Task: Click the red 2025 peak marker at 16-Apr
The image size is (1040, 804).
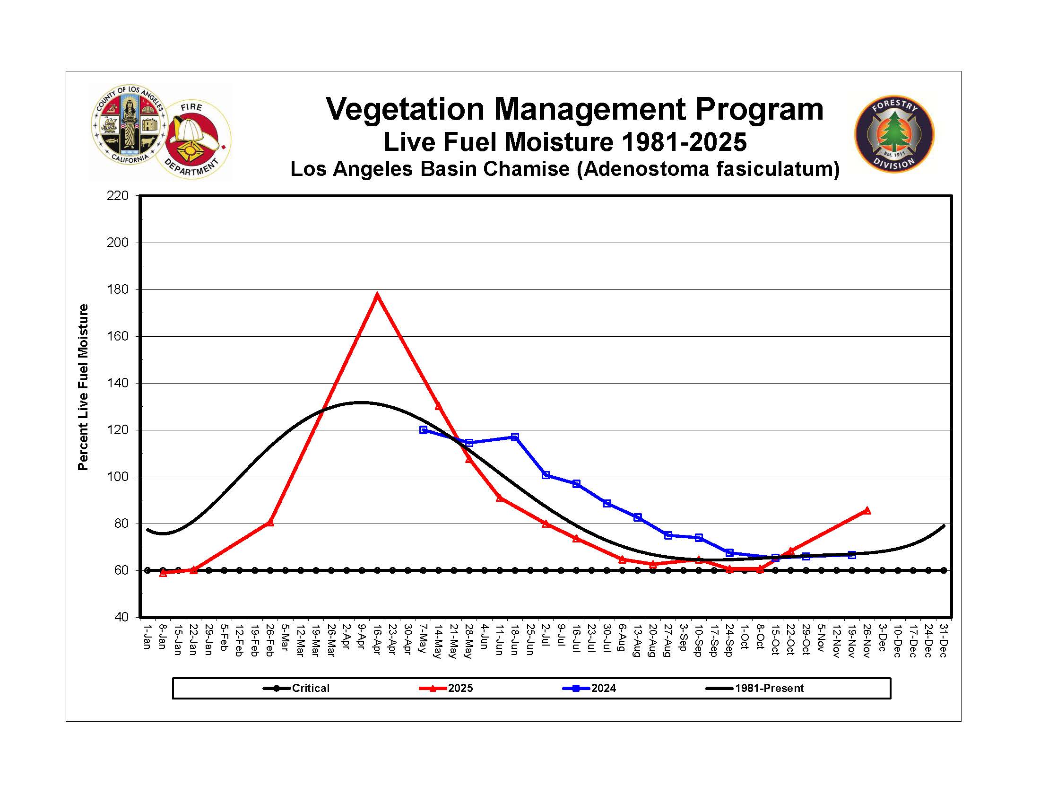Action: (377, 295)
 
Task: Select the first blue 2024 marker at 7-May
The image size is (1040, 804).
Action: (424, 429)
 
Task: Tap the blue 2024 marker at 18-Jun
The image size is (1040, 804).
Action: (515, 437)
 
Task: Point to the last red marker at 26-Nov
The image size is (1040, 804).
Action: (867, 511)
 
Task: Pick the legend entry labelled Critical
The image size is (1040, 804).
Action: (310, 688)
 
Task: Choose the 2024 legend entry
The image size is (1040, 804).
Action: (603, 688)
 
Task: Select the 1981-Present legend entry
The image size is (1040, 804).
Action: (769, 688)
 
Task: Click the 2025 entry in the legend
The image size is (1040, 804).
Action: (460, 688)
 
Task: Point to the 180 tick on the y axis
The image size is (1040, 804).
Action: (118, 289)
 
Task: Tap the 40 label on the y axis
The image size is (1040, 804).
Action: (121, 617)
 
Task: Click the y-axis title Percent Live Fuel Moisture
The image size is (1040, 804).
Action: (83, 387)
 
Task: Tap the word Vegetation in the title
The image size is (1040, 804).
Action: (405, 109)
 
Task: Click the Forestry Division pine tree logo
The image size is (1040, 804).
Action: (894, 133)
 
